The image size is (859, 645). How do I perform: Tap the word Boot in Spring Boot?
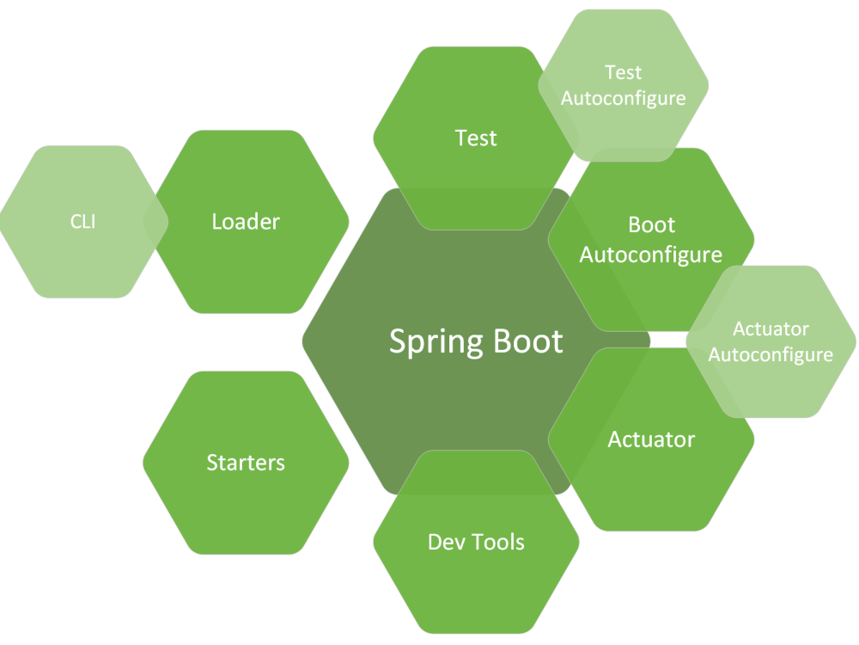(528, 341)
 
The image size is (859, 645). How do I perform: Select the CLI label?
(82, 222)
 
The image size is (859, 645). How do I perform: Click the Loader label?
(246, 222)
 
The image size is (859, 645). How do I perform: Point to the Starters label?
(246, 463)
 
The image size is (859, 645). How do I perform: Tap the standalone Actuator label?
(651, 439)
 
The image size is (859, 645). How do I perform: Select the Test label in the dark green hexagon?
(476, 138)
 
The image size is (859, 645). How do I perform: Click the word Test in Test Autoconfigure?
(624, 72)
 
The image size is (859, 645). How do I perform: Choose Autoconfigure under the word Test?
(624, 99)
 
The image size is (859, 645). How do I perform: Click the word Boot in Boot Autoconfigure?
(651, 224)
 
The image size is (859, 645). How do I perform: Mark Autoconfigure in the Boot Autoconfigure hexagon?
(651, 255)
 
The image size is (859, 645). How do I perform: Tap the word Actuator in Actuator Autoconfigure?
(771, 329)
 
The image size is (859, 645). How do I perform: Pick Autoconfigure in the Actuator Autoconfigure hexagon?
(771, 355)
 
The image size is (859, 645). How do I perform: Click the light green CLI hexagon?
(83, 222)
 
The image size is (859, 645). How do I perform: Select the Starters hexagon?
(246, 463)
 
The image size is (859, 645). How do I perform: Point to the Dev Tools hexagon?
(476, 542)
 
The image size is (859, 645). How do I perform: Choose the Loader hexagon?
(246, 222)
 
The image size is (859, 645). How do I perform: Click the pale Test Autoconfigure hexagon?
(624, 85)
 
